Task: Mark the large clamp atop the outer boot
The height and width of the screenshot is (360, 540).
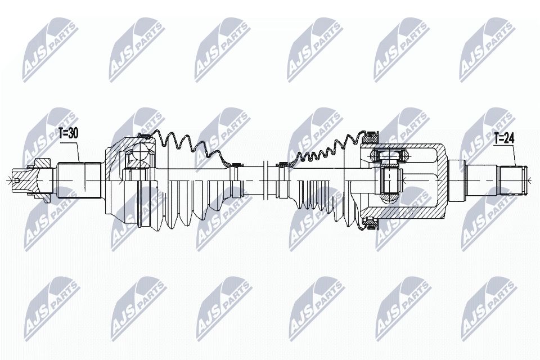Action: coord(144,137)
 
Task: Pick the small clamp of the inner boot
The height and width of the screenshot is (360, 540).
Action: coord(282,164)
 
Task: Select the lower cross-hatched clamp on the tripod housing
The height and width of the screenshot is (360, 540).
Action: coord(370,223)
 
